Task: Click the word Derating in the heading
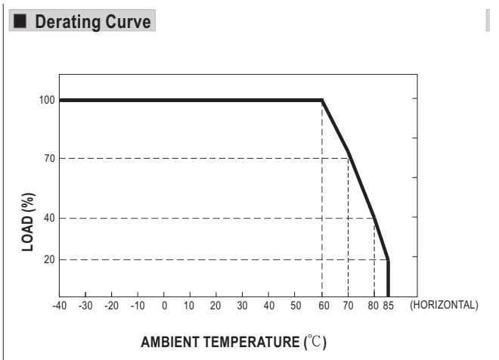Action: pyautogui.click(x=68, y=22)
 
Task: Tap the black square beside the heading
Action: pyautogui.click(x=20, y=21)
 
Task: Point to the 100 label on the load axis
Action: pyautogui.click(x=47, y=100)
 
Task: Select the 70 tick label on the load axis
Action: pyautogui.click(x=50, y=158)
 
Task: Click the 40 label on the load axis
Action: pyautogui.click(x=50, y=218)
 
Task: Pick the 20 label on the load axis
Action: pyautogui.click(x=50, y=259)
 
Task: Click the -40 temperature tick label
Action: pyautogui.click(x=60, y=306)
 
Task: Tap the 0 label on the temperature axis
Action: pyautogui.click(x=164, y=306)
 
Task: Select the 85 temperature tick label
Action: pyautogui.click(x=389, y=306)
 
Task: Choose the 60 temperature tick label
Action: pyautogui.click(x=324, y=306)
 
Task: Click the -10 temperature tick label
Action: pyautogui.click(x=138, y=306)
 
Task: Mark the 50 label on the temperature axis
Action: pyautogui.click(x=296, y=306)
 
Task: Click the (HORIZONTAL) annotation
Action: pyautogui.click(x=444, y=305)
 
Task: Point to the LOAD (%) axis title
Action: pyautogui.click(x=28, y=222)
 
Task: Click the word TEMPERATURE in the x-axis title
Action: pyautogui.click(x=252, y=342)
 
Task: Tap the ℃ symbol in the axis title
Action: pyautogui.click(x=315, y=342)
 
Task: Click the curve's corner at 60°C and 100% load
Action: pyautogui.click(x=322, y=101)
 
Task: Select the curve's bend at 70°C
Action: pyautogui.click(x=349, y=153)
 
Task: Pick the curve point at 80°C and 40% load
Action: pyautogui.click(x=374, y=218)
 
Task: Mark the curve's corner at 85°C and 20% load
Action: pyautogui.click(x=388, y=259)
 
